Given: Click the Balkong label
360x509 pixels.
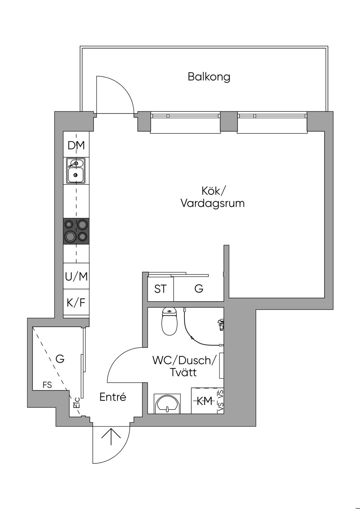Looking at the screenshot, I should pos(209,77).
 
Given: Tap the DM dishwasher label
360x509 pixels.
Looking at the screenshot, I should pos(76,145).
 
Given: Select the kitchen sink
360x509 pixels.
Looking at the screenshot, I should pos(76,170).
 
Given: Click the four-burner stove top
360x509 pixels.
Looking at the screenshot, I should pos(76,231).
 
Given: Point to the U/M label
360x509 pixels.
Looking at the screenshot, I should pos(76,277).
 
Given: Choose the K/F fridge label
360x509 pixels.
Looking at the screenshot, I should pos(76,302).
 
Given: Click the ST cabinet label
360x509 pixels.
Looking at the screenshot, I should pos(160,289).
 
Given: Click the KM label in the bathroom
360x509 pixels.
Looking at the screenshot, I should pos(205,401).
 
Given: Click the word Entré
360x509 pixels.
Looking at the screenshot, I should pos(112,397).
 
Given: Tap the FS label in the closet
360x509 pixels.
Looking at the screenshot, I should pos(47,385).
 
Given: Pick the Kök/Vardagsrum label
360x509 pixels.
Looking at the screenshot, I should pos(213,197).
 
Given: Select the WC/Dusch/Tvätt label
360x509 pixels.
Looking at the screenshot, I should pos(184,366).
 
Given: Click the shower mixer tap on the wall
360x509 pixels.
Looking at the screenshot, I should pos(221,324).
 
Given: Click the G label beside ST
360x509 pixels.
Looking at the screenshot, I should pos(199,289).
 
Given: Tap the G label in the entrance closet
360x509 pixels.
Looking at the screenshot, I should pos(60,359).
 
